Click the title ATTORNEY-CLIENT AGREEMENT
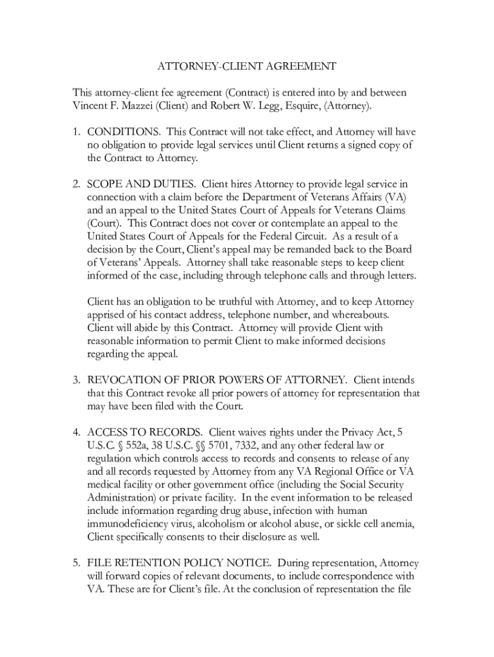pyautogui.click(x=247, y=66)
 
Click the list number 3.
pyautogui.click(x=75, y=380)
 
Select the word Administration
pyautogui.click(x=124, y=498)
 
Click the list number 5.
pyautogui.click(x=75, y=563)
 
